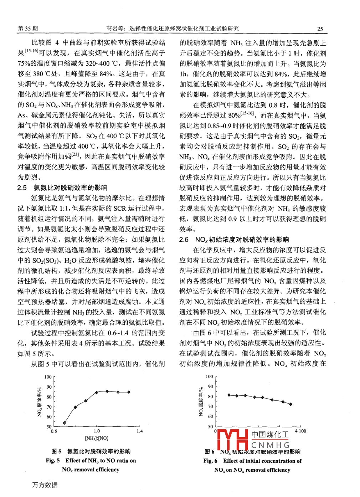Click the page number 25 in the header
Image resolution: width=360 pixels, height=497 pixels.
(x=320, y=29)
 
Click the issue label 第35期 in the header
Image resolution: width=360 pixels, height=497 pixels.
(x=28, y=29)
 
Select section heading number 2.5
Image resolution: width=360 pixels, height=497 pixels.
(x=22, y=188)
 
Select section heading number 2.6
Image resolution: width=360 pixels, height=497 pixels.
(x=184, y=240)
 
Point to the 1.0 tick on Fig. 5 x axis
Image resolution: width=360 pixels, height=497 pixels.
(x=97, y=431)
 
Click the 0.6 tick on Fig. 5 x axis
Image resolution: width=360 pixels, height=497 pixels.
(x=54, y=431)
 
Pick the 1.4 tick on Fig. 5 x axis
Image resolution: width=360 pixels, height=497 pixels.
(x=139, y=431)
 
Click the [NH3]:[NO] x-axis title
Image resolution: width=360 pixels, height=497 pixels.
(x=97, y=438)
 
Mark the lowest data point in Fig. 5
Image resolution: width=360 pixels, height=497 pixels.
(x=65, y=423)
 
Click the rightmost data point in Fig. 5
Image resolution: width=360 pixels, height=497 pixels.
(x=129, y=392)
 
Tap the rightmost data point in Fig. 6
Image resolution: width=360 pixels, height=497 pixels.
(x=290, y=404)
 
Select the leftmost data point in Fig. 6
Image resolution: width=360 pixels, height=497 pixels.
(x=229, y=395)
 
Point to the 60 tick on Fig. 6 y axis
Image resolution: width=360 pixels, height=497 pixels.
(x=210, y=416)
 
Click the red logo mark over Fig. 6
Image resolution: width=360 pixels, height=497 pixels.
(x=232, y=439)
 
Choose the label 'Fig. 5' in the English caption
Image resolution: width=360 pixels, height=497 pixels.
(x=53, y=461)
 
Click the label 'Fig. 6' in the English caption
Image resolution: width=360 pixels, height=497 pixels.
(x=210, y=461)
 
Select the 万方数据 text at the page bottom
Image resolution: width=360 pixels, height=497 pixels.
(x=45, y=485)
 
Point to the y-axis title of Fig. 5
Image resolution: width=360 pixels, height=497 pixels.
(x=39, y=402)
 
